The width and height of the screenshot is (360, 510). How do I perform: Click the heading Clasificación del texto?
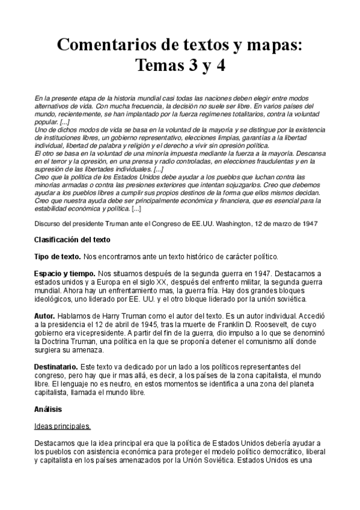click(x=72, y=239)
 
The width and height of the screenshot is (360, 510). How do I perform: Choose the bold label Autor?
click(x=45, y=316)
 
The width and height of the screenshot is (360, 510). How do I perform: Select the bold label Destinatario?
click(x=56, y=366)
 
